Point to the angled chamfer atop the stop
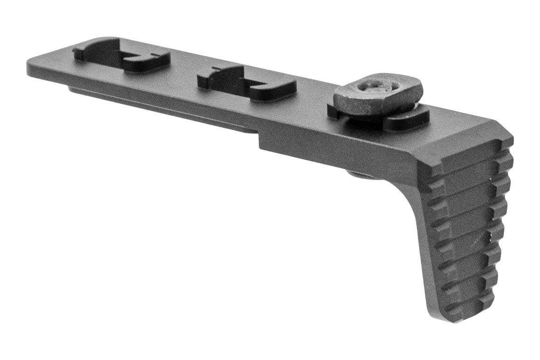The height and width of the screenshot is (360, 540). [x=466, y=140]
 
